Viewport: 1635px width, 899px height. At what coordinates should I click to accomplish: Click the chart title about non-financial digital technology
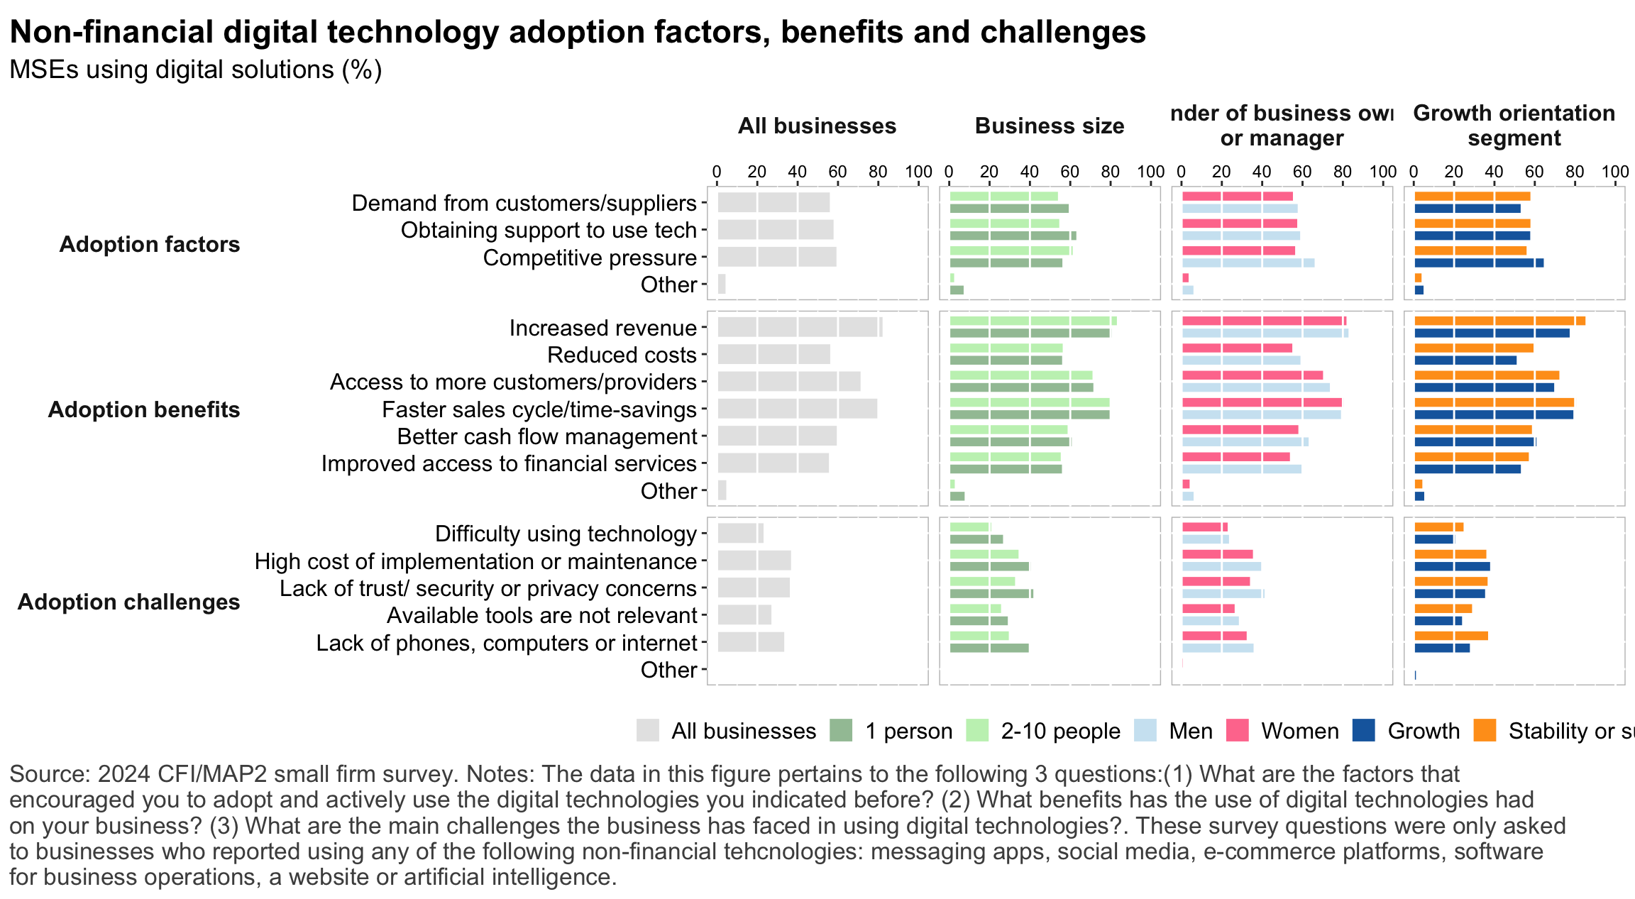tap(577, 32)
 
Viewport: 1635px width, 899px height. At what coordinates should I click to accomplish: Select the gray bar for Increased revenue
tap(800, 327)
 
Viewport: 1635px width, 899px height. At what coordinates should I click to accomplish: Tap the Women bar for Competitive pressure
tap(1238, 250)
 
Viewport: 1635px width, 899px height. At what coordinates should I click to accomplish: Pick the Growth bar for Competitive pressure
tap(1479, 263)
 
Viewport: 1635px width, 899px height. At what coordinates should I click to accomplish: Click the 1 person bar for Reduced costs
tap(1006, 360)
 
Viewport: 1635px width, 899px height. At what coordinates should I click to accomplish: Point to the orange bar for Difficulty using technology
tap(1438, 527)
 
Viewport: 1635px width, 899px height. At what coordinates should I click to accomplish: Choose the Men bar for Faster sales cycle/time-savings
tap(1261, 415)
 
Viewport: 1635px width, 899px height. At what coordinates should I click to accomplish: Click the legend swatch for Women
tap(1238, 730)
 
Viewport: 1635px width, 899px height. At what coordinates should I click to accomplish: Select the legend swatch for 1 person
tap(841, 730)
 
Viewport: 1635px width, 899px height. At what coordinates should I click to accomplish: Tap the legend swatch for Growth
tap(1364, 730)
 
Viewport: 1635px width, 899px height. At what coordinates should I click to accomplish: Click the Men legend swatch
tap(1145, 730)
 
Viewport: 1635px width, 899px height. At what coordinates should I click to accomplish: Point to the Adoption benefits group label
tap(144, 409)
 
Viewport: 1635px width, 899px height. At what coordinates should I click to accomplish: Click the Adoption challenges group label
tap(128, 602)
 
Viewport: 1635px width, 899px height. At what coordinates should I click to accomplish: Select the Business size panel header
tap(1050, 126)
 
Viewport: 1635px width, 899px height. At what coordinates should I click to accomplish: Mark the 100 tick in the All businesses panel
tap(918, 172)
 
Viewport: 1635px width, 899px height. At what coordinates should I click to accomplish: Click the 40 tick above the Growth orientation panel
tap(1494, 172)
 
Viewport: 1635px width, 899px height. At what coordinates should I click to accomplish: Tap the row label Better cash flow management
tap(547, 436)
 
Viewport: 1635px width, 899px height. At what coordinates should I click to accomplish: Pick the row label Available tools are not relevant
tap(542, 615)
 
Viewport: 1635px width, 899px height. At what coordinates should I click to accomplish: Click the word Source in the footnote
tap(46, 773)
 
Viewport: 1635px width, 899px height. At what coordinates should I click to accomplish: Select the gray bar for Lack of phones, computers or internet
tap(751, 642)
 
